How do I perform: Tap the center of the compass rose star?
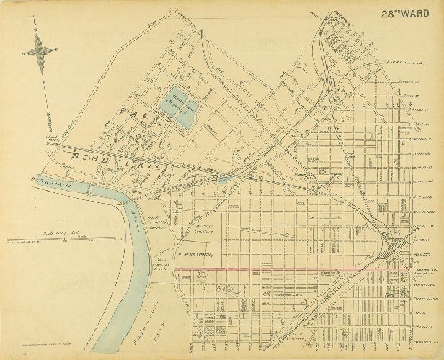click(x=37, y=50)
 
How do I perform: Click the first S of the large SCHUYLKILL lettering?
click(x=74, y=155)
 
